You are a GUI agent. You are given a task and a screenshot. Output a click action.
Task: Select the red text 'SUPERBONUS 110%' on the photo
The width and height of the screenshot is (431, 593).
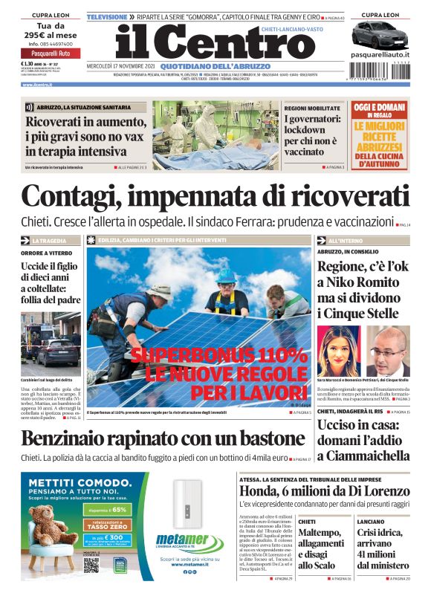218,354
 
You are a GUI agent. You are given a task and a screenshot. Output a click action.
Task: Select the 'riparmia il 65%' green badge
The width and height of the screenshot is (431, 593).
106,511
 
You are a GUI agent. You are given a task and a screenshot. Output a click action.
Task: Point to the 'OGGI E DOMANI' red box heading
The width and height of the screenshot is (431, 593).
379,108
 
